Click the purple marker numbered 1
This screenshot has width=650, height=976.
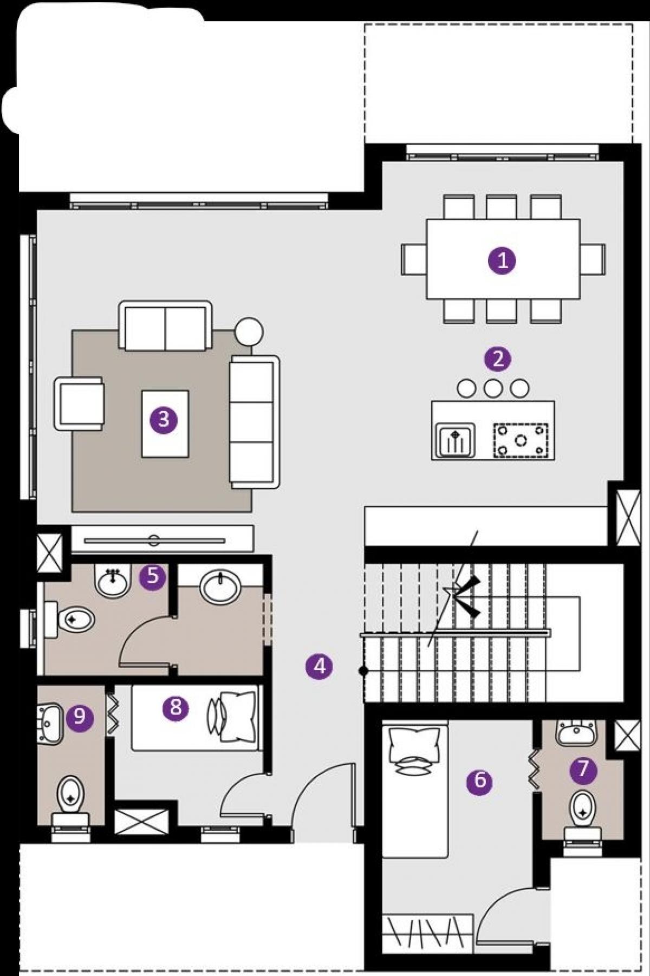(x=502, y=261)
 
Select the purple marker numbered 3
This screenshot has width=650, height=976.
(x=164, y=419)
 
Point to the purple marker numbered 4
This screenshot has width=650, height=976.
(x=319, y=666)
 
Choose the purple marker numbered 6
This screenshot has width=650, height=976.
(x=479, y=781)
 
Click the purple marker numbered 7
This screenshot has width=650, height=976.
(x=583, y=769)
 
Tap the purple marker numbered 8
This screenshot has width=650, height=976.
(x=175, y=707)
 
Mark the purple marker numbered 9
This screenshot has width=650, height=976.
(x=80, y=717)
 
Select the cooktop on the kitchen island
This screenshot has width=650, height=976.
(x=521, y=440)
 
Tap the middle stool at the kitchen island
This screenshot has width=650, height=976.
(x=493, y=388)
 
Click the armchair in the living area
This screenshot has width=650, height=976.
(x=79, y=403)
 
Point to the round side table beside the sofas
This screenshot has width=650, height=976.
(x=249, y=331)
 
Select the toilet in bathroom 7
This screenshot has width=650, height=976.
(x=582, y=816)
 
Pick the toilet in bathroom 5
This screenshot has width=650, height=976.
(x=69, y=620)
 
